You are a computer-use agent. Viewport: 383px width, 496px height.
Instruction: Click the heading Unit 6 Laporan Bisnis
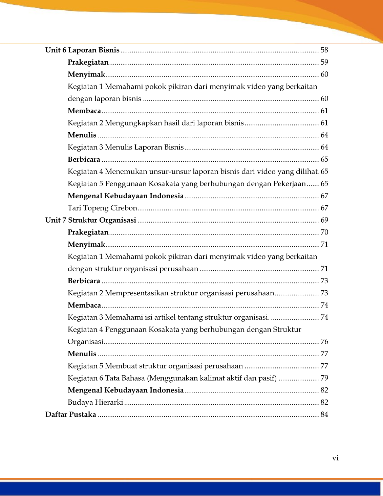pos(82,50)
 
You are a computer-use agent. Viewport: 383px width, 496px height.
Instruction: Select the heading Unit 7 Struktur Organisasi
pos(91,220)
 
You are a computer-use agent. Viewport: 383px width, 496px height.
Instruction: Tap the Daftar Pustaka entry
pos(71,414)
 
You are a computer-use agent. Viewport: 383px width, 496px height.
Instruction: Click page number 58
pos(324,50)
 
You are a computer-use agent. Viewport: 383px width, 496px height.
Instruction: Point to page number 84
pos(324,414)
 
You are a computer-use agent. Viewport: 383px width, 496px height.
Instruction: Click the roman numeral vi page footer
pos(335,458)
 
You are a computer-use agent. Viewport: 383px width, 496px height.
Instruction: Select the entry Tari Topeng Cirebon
pos(102,208)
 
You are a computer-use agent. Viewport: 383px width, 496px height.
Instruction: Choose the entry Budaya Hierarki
pos(95,402)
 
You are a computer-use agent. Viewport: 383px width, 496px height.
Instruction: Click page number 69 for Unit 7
pos(324,220)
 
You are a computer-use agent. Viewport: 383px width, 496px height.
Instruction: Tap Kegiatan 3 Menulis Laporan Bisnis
pos(126,147)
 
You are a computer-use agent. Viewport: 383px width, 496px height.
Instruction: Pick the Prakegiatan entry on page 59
pos(88,62)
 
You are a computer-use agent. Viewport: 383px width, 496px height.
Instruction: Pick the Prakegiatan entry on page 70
pos(88,232)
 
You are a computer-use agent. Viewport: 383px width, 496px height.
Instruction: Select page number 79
pos(324,378)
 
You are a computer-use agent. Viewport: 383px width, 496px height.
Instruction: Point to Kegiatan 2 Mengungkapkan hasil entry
pos(155,123)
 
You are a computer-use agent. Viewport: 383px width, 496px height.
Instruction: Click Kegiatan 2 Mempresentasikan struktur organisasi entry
pos(171,293)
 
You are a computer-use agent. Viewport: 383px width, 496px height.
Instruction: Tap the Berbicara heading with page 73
pos(84,281)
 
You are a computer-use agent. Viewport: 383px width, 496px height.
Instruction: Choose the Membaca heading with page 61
pos(84,111)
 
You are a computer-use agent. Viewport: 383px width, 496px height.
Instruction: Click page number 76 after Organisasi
pos(324,342)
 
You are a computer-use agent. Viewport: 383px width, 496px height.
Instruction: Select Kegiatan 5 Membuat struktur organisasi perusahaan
pos(155,366)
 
